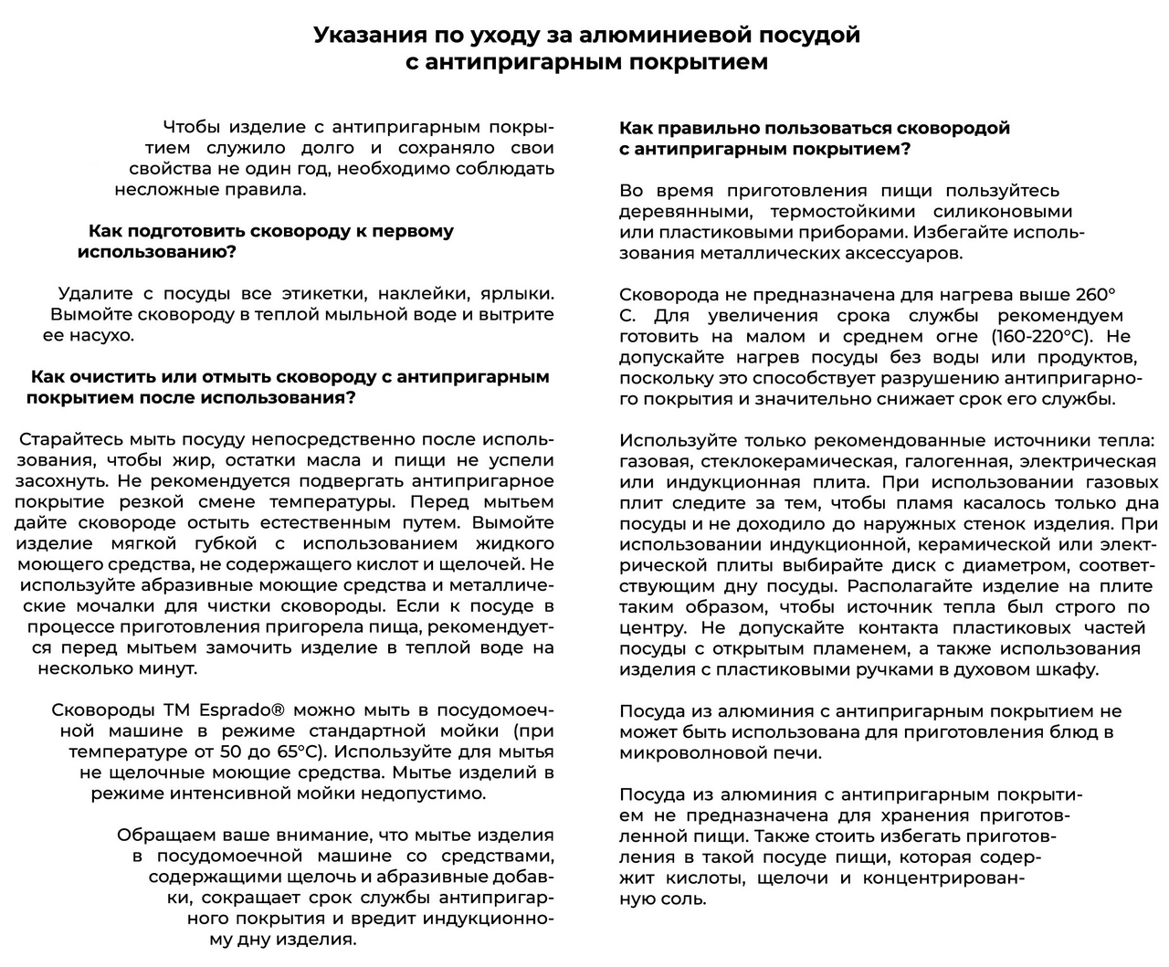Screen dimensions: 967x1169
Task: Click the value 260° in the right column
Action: (1096, 295)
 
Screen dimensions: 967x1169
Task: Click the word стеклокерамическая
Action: (764, 462)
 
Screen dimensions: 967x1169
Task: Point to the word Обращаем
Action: (166, 836)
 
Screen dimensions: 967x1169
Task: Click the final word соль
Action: (682, 899)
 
